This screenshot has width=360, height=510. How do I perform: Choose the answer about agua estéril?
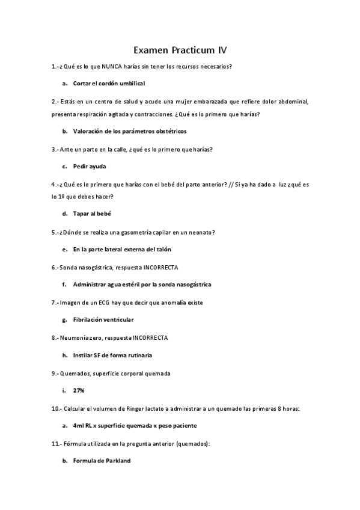tap(142, 284)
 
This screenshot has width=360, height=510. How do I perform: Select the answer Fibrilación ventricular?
tap(103, 319)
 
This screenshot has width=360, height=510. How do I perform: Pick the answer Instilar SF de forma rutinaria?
tap(112, 355)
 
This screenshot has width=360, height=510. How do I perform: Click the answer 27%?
tap(79, 390)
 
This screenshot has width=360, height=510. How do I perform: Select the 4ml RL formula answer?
tap(135, 425)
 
